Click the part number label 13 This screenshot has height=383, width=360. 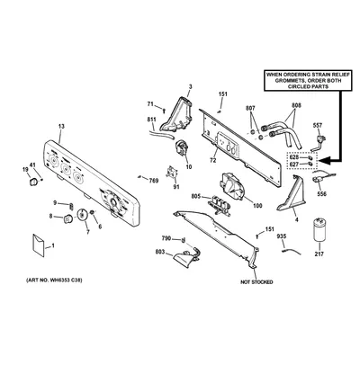[x=61, y=127]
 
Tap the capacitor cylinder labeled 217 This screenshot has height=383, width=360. [x=319, y=230]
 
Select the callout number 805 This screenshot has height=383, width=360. [x=196, y=196]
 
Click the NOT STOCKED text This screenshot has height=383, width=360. [x=256, y=282]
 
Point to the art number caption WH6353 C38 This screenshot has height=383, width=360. [x=54, y=281]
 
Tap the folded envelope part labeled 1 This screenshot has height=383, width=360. [x=39, y=245]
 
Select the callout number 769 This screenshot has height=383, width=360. [x=154, y=181]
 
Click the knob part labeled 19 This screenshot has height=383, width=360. [x=33, y=182]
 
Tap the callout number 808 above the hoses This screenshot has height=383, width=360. [x=296, y=105]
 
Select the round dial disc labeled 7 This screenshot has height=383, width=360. [x=82, y=215]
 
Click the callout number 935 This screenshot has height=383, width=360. [x=282, y=236]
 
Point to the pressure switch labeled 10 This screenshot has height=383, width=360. [x=182, y=148]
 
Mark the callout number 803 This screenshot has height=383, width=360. [x=160, y=252]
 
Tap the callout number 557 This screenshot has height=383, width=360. [x=318, y=125]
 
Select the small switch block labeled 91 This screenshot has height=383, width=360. [x=172, y=174]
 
